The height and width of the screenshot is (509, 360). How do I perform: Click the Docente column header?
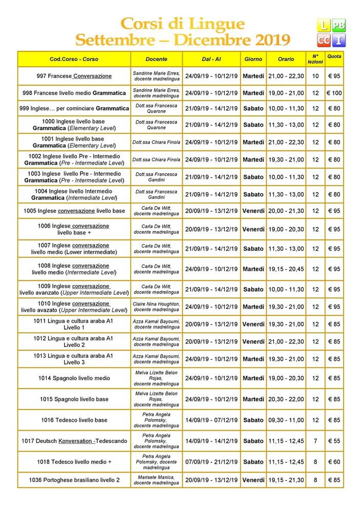pos(156,59)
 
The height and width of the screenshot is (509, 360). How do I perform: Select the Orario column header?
pos(286,59)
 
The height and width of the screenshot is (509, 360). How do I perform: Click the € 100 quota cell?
pos(334,93)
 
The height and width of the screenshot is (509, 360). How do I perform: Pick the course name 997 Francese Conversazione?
pos(74,76)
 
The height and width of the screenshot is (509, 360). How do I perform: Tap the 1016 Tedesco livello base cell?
pos(74,420)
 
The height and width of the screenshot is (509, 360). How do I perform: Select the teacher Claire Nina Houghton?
pos(156,307)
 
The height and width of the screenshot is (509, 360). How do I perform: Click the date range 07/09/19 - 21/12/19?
pos(211,462)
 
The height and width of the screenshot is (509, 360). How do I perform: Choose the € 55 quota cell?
pos(334,441)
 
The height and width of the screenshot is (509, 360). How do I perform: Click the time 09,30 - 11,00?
pos(286,420)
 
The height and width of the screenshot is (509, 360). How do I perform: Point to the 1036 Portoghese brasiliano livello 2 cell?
pos(74,480)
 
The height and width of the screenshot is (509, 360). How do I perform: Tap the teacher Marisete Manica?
pos(156,480)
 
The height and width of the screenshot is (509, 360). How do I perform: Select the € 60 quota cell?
pos(334,462)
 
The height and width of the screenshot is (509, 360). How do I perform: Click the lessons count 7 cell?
pos(315,441)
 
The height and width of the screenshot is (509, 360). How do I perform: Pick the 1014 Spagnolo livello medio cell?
pos(74,378)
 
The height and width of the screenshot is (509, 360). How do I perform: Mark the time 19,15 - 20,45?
pos(286,269)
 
